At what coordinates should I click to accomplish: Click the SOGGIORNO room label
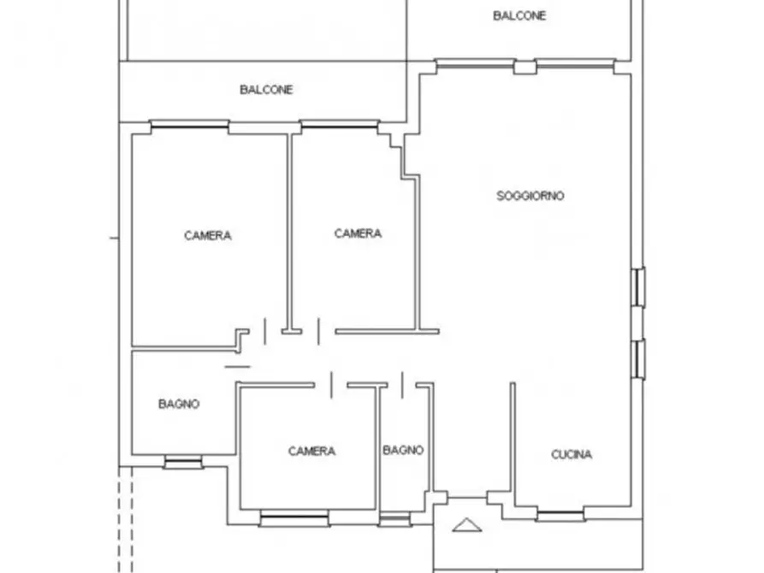530,196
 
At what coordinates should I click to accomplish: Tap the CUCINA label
572,455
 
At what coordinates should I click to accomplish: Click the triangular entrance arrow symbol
467,525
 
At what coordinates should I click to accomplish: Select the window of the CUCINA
560,516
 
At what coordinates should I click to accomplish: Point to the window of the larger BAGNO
183,463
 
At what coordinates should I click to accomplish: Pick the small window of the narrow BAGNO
394,520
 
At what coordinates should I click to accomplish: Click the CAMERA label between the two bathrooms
311,452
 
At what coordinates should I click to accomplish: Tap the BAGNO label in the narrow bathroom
403,450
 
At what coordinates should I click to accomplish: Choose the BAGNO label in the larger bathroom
179,404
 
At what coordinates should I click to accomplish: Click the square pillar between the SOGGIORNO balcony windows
525,67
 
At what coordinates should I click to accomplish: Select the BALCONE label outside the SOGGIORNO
519,16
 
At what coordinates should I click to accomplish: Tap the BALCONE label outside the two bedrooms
266,90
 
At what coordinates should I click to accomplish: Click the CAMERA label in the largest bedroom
208,236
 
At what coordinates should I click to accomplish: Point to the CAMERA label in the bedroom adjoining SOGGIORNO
358,233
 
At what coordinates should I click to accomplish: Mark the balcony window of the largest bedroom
190,127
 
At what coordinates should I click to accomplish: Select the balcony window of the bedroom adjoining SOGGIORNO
340,127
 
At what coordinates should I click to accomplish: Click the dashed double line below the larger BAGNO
125,519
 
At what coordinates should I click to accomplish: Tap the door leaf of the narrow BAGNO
402,385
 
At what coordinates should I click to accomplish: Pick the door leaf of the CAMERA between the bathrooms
331,385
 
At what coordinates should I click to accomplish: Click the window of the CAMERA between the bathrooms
294,518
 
